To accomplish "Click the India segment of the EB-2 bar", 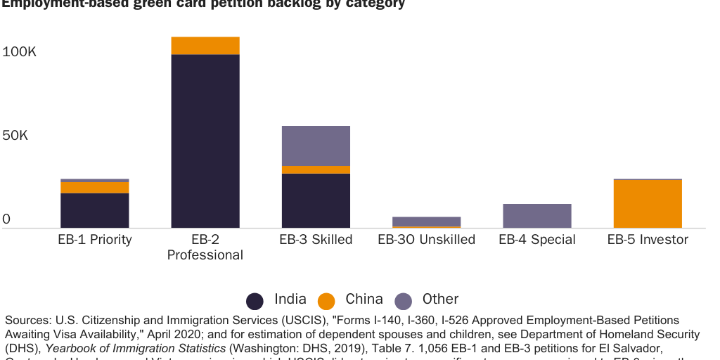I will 205,141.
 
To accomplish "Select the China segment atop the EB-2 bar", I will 205,46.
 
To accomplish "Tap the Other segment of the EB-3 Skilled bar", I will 316,146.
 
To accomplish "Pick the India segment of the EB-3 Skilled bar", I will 316,200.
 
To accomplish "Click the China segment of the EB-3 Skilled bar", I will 316,169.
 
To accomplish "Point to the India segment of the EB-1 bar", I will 94,210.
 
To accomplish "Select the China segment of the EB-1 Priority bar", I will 94,187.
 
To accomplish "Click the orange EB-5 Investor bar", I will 648,204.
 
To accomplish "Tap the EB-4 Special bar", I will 537,216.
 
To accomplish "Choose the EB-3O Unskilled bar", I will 426,221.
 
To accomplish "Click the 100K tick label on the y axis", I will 19,52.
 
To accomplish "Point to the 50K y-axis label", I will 15,135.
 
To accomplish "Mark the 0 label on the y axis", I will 6,219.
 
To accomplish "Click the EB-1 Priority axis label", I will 94,240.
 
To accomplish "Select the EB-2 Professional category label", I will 205,247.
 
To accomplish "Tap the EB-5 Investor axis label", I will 648,240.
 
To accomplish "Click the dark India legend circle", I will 255,301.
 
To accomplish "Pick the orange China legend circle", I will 326,301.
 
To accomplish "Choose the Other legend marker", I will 403,301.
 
